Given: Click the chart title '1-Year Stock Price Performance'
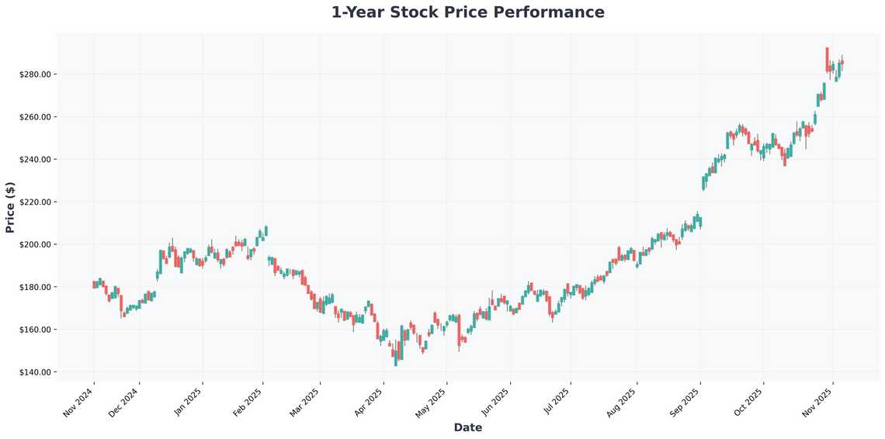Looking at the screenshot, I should [x=467, y=12].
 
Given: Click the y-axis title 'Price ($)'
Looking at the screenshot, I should [x=10, y=207].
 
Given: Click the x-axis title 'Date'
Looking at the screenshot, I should [x=467, y=427].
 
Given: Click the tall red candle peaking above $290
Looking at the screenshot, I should [x=828, y=60].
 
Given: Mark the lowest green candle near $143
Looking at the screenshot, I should [x=396, y=356].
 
